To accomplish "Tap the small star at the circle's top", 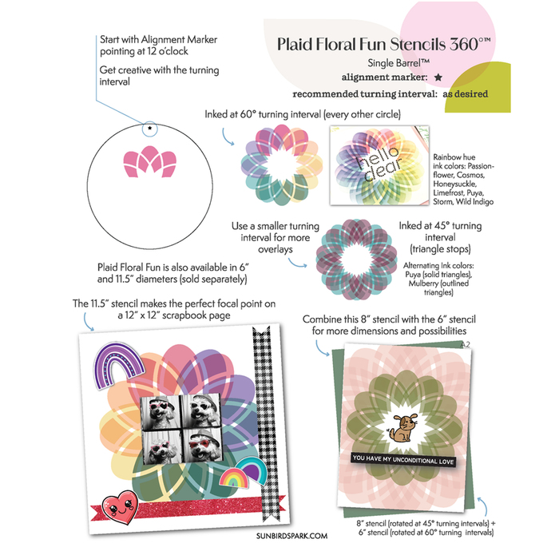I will pos(150,128).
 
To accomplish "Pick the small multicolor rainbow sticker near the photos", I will pos(233,478).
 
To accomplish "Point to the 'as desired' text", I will pos(466,93).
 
